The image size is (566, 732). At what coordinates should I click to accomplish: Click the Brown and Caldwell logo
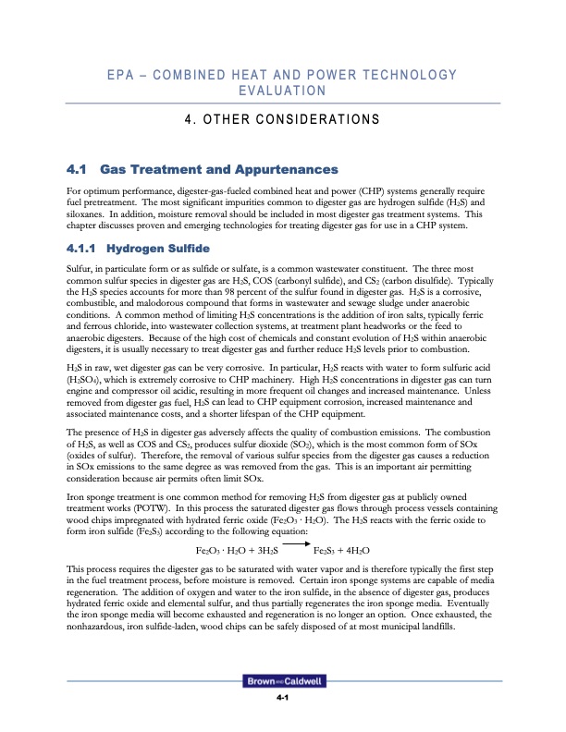point(282,681)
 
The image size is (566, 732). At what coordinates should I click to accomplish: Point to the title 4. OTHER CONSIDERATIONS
point(283,119)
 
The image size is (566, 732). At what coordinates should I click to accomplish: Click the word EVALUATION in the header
point(283,91)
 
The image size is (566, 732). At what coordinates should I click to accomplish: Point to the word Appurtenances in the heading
point(281,170)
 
